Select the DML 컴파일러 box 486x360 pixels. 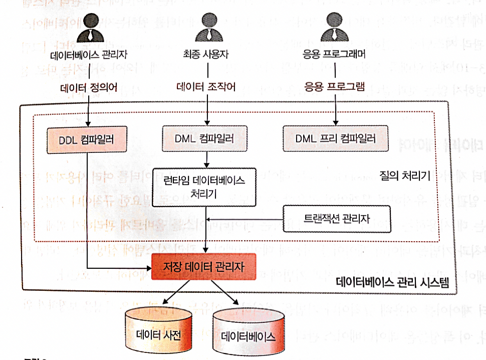pyautogui.click(x=205, y=138)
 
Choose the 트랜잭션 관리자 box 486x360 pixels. pyautogui.click(x=336, y=219)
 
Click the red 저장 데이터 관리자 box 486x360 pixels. pyautogui.click(x=203, y=267)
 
